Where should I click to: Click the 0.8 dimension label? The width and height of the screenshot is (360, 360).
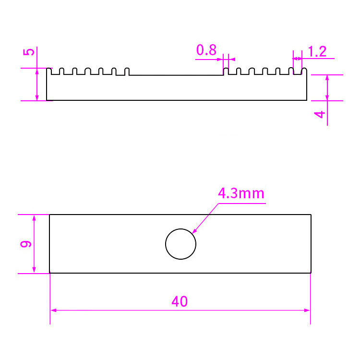[206, 50]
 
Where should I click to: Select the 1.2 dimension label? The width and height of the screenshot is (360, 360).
[317, 51]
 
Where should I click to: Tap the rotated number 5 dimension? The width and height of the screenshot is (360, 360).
[29, 52]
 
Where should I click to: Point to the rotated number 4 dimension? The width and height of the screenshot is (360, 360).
[320, 114]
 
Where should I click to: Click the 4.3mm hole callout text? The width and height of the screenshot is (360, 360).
[241, 193]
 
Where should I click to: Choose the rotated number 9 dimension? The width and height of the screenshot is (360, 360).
[26, 244]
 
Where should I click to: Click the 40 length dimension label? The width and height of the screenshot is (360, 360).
[180, 301]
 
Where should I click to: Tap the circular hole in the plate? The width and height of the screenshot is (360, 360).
[180, 244]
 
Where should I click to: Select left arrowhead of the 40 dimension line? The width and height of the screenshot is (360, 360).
[53, 311]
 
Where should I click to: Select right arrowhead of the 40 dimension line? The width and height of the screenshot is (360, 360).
[307, 311]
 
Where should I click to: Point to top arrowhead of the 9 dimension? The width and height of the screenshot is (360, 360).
[34, 218]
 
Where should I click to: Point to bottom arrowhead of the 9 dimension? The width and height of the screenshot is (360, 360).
[34, 270]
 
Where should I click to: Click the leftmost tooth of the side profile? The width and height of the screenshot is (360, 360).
[48, 71]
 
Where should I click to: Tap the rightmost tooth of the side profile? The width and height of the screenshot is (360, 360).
[304, 71]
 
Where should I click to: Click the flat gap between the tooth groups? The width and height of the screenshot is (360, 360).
[176, 75]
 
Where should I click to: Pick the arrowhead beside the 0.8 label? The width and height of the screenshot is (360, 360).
[220, 60]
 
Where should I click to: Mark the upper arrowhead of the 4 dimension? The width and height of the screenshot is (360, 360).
[327, 78]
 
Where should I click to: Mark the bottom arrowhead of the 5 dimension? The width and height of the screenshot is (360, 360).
[37, 97]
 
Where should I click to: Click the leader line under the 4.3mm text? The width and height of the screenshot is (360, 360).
[242, 204]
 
